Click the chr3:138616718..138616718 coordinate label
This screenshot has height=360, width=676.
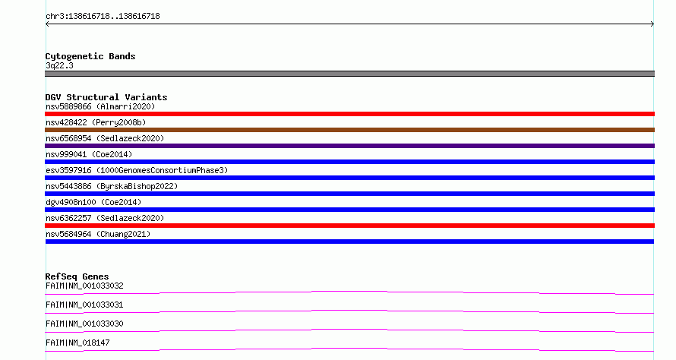pos(103,17)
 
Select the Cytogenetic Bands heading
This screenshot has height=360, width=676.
pos(90,56)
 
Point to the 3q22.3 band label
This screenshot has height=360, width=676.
pos(59,65)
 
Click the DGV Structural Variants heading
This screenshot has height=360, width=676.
pos(106,97)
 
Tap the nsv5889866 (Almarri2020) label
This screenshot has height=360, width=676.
pos(100,106)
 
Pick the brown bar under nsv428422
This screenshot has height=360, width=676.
pos(349,130)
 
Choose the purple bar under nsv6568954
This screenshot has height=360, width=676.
pos(349,146)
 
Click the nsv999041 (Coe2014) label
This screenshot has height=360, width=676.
pos(89,154)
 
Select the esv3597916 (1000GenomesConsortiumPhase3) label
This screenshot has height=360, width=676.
pos(137,170)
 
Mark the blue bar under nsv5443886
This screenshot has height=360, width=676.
pos(349,194)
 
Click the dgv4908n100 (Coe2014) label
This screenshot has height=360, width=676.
pos(93,202)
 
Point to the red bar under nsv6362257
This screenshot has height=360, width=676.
pos(349,226)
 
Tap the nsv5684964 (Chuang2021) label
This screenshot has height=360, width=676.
pos(98,234)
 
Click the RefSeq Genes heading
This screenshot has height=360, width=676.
pos(77,276)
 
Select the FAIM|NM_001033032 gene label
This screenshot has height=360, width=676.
pos(84,286)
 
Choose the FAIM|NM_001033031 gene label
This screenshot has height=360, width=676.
pos(84,305)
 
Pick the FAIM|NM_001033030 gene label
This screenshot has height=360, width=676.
pos(84,324)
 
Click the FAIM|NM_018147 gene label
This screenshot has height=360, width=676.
pos(77,343)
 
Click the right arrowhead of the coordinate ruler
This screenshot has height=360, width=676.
pos(653,24)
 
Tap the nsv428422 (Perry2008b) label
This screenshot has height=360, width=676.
pos(96,122)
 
